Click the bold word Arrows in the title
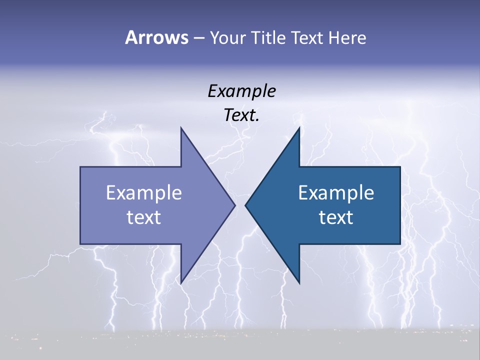156,37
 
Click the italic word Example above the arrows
241,91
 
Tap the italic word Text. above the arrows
241,115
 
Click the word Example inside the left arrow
143,192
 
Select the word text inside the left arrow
143,217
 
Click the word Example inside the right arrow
336,192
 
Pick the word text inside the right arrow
336,217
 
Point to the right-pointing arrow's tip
235,205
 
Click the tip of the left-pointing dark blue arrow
245,205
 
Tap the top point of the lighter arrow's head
181,128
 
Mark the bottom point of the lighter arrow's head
181,283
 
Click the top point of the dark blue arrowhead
299,128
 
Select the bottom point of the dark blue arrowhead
299,283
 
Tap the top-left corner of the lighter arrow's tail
80,167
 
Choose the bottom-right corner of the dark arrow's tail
400,243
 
